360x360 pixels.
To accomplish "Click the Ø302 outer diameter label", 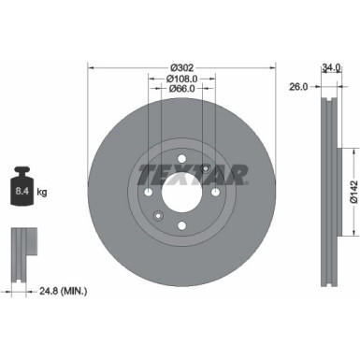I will (x=181, y=67).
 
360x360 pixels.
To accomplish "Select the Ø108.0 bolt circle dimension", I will (x=181, y=79).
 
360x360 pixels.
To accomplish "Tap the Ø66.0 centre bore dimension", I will (x=181, y=91).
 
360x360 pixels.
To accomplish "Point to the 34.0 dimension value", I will (x=330, y=67).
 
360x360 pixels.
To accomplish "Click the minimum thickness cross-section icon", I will (x=22, y=249).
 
